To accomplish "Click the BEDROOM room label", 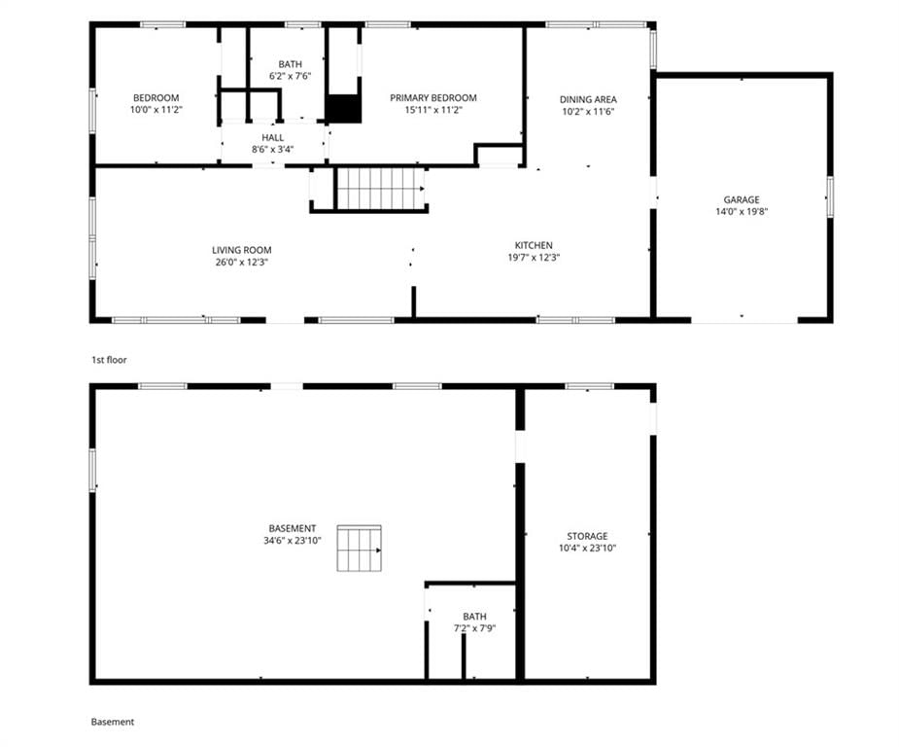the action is point(156,98).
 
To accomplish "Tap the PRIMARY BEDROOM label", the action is point(433,98).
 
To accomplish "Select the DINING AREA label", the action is point(588,99).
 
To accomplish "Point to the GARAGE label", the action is point(742,199).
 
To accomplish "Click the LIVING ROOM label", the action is point(241,250).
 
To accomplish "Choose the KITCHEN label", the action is point(534,245).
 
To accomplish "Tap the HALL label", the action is point(273,138).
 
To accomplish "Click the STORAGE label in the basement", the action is point(587,536).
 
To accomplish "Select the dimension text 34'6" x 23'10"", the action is point(293,541).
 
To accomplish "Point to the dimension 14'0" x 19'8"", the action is point(742,212).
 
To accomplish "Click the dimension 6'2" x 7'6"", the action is point(291,76).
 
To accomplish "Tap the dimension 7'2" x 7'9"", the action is point(474,628).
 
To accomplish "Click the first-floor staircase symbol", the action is point(381,189).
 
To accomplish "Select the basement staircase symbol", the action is point(359,548).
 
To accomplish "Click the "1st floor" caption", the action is point(109,360).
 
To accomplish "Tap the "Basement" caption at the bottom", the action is point(113,722).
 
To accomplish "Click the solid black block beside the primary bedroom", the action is point(343,108).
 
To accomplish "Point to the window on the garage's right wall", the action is point(830,196).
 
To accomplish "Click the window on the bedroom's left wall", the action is point(92,111).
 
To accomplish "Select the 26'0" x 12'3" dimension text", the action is point(241,263).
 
